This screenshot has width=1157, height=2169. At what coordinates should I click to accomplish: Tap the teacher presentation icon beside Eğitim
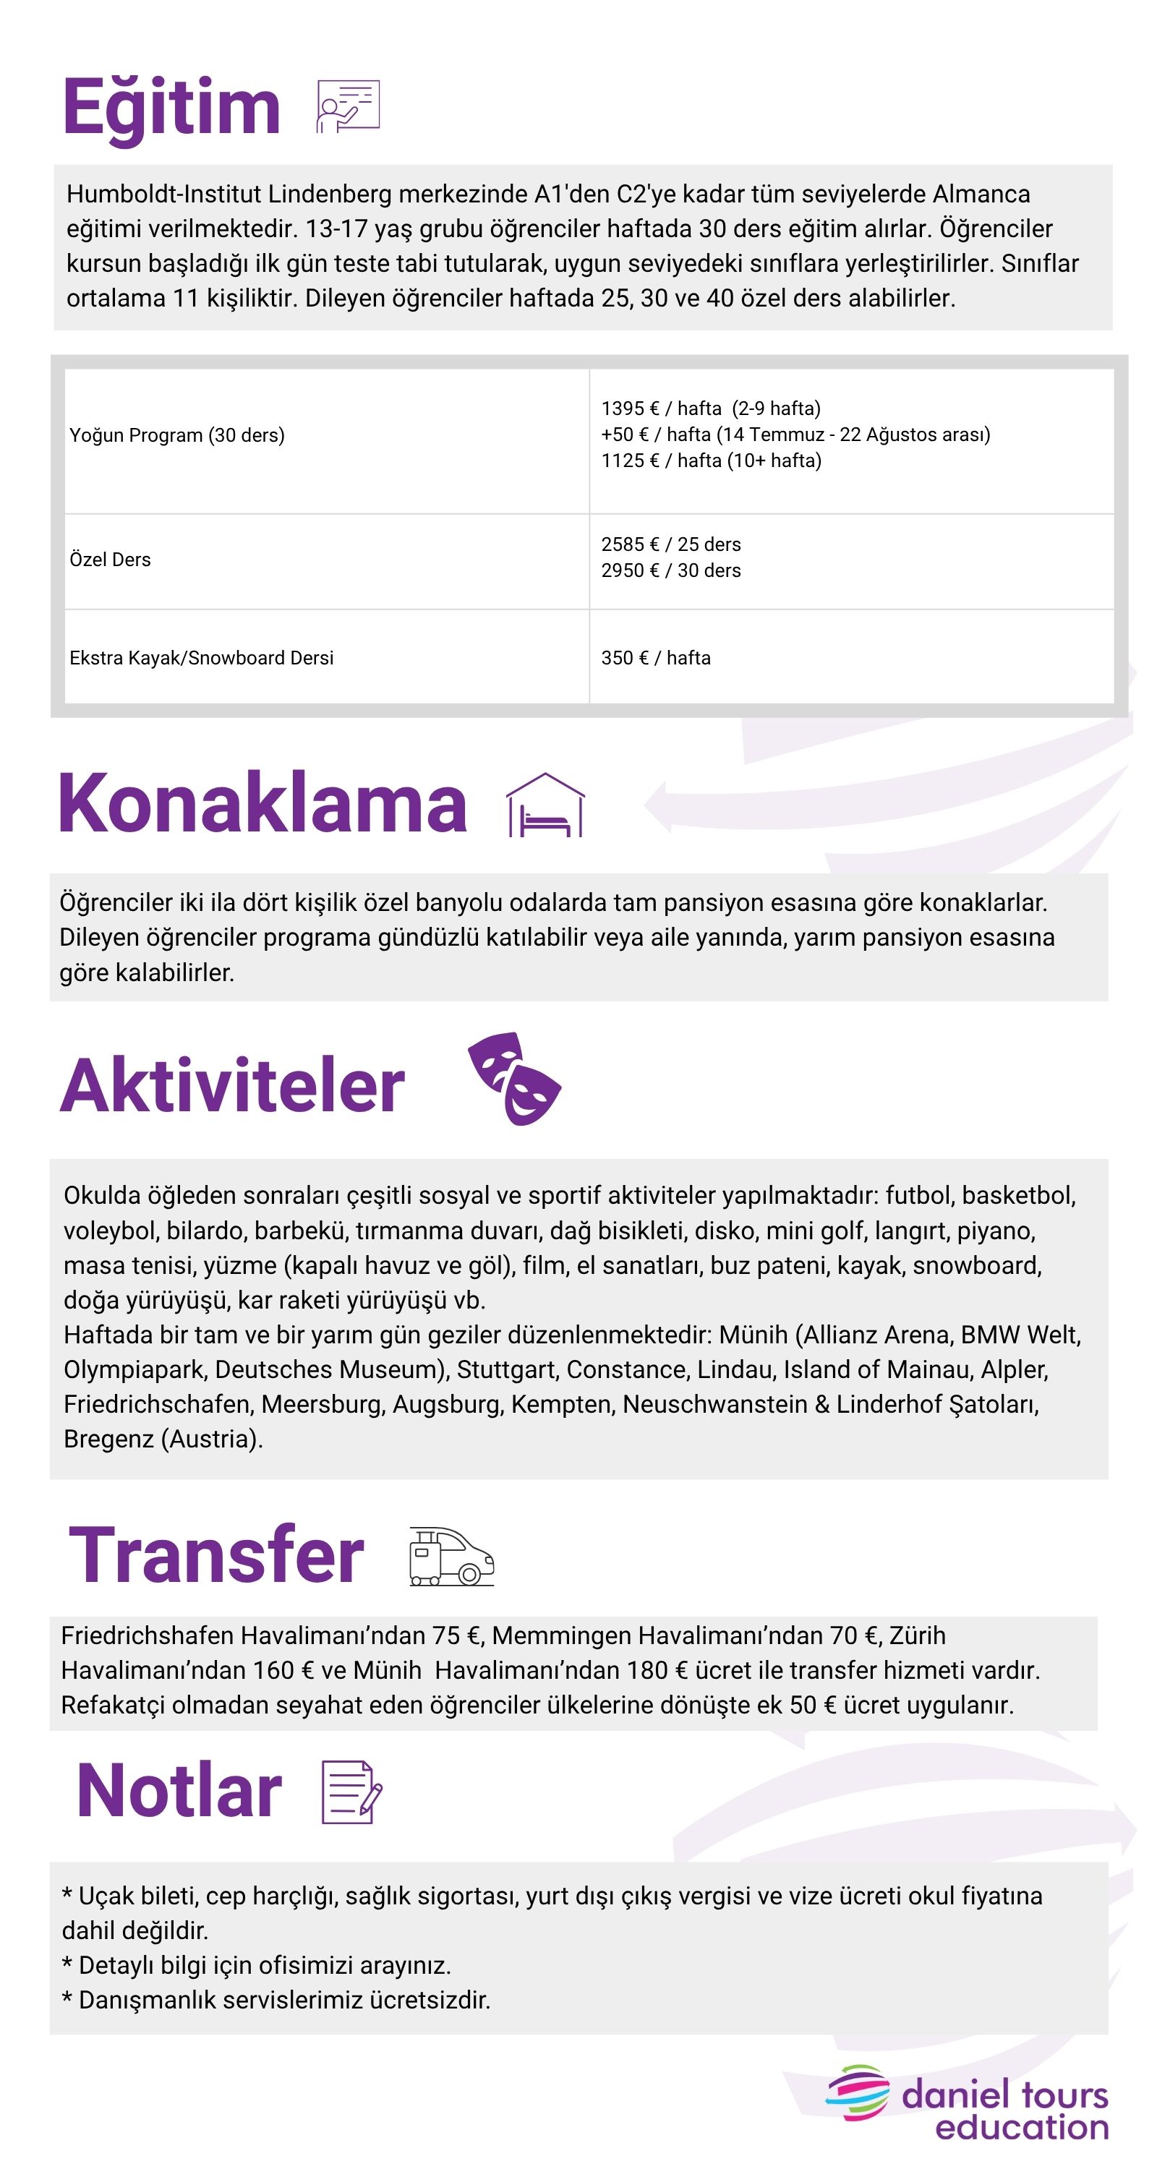coord(348,106)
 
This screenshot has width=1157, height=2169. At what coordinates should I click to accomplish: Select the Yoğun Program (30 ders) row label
coord(177,435)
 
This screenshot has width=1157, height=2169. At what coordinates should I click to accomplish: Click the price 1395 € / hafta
coord(661,408)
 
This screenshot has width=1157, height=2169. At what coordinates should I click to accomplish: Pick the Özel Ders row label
coord(111,560)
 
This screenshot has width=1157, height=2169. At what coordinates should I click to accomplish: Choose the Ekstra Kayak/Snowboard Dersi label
coord(201,658)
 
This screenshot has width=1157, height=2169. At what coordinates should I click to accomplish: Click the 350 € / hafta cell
coord(655,658)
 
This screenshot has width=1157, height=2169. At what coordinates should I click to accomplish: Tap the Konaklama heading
coord(262,804)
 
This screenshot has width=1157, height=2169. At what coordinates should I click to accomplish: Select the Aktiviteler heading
coord(232,1085)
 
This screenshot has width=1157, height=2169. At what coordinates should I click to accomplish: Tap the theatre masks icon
coord(514,1079)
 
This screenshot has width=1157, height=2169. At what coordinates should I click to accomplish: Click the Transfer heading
coord(216,1554)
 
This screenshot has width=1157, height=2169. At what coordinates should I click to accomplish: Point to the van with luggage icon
coord(451,1556)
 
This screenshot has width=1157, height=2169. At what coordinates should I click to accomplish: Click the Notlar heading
coord(179,1791)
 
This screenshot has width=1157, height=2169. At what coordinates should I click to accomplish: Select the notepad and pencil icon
coord(351,1792)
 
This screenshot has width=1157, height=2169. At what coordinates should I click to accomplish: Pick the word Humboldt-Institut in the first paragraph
coord(164,194)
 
